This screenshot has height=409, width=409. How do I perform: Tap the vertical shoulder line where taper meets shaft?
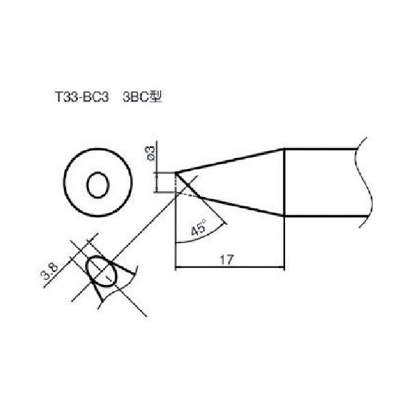284,184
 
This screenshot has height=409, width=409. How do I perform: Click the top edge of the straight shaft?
320,149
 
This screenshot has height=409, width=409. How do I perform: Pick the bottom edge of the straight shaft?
320,217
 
